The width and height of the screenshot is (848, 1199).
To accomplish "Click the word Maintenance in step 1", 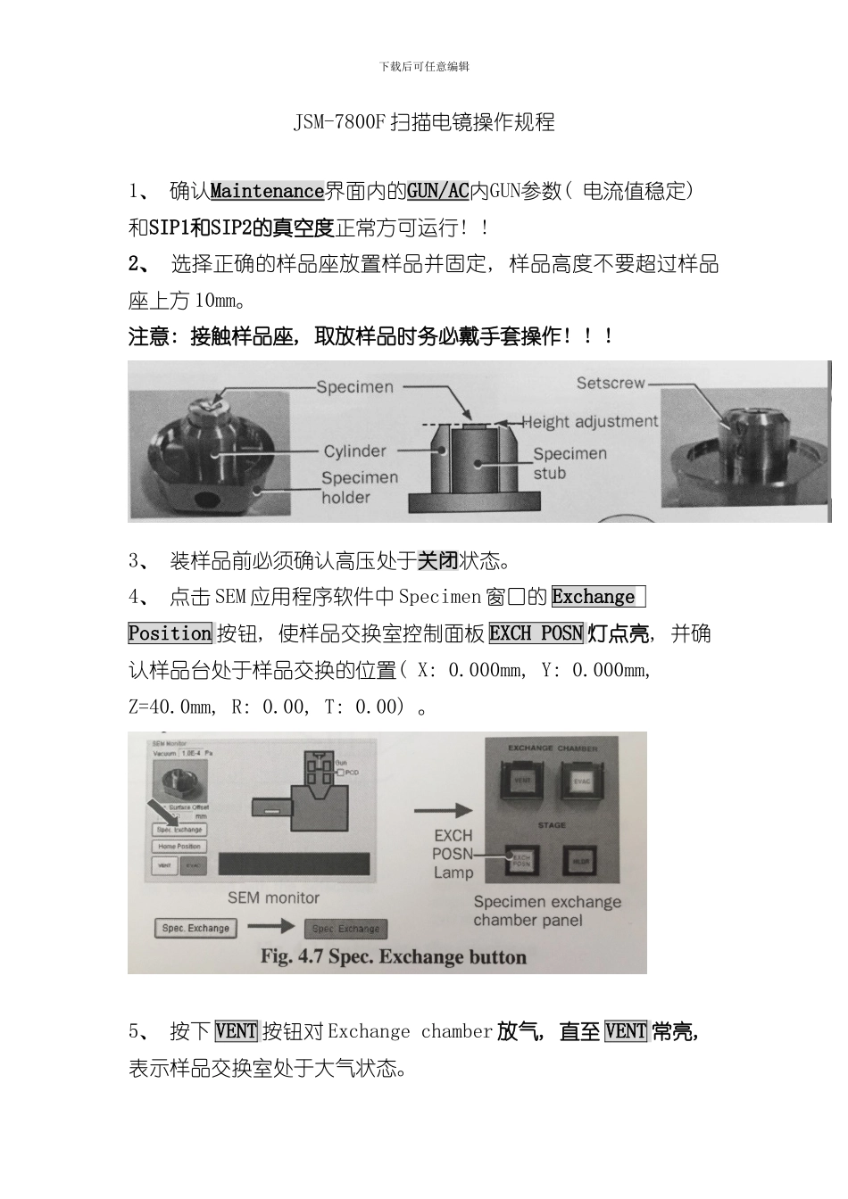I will click(x=267, y=191).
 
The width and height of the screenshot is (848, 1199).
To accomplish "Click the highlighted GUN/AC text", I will click(x=437, y=191).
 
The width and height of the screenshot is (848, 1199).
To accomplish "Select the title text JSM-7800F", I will click(x=340, y=122).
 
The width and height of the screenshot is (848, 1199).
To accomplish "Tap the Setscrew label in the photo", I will click(x=611, y=383).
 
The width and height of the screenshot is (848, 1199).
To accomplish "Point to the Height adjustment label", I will click(x=589, y=421).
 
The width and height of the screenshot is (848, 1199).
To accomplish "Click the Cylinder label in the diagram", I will click(x=354, y=451).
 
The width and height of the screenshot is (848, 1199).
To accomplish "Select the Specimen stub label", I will click(x=569, y=463).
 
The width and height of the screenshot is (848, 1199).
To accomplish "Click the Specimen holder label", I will click(x=359, y=487).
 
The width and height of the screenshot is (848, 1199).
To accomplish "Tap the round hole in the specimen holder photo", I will click(x=211, y=499).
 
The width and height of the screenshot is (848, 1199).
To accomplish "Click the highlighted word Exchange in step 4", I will click(x=594, y=597).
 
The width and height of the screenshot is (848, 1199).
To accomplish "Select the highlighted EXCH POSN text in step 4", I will click(x=536, y=633).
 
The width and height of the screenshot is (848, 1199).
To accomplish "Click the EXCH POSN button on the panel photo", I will click(x=520, y=861).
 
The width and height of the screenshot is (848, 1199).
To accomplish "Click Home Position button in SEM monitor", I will click(x=179, y=847).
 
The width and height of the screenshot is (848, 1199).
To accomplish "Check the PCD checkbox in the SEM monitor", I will click(x=340, y=773).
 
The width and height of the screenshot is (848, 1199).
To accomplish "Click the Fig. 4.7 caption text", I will click(x=393, y=957).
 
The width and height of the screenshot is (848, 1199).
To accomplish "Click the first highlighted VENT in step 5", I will click(x=236, y=1031).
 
